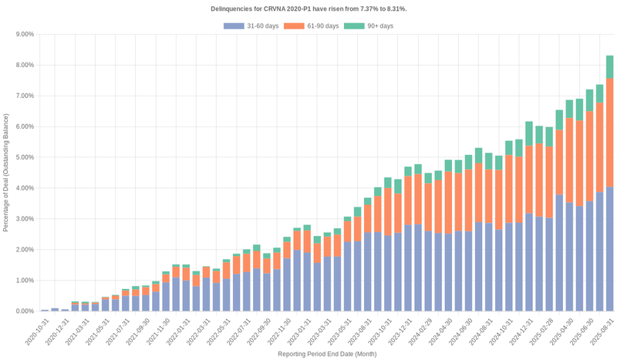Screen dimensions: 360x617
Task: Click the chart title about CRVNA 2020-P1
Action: pos(308,8)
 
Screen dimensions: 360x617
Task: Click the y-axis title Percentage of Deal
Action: pos(6,173)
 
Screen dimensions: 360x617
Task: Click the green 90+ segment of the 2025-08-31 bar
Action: pos(609,67)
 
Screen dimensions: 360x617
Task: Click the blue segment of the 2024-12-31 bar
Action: pos(529,262)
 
